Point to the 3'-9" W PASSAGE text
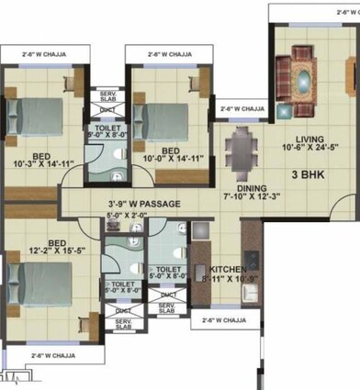(144, 203)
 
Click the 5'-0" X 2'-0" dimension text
(128, 217)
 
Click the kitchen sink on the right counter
(248, 291)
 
